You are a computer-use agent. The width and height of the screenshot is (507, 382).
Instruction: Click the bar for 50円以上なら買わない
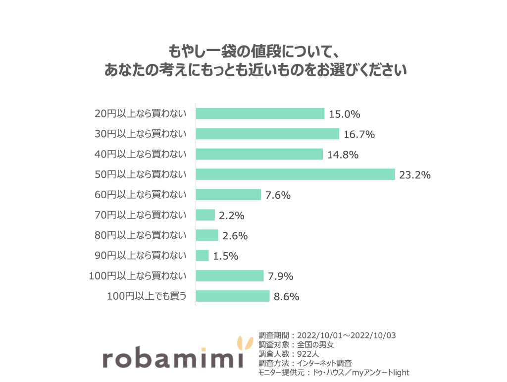point(295,174)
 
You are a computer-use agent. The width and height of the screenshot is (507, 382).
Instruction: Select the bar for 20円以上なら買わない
point(260,114)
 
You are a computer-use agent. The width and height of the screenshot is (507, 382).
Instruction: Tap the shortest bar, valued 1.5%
point(203,256)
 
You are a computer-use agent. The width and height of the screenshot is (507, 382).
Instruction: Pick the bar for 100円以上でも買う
point(233,296)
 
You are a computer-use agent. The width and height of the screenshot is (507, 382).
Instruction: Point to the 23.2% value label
point(414,175)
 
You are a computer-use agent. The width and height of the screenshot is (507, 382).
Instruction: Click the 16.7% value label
point(358,134)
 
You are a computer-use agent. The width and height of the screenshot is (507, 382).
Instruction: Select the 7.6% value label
point(278,195)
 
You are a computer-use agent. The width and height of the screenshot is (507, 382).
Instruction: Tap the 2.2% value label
point(232,216)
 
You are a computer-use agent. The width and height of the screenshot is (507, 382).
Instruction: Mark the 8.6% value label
point(287,297)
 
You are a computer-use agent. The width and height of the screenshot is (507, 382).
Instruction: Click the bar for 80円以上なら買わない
point(207,235)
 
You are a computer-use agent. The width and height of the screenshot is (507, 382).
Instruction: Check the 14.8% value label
point(343,155)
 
